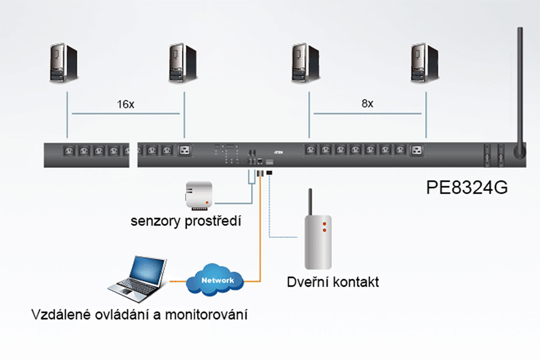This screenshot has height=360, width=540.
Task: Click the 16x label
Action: tap(125, 104)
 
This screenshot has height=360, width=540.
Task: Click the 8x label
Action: tap(367, 103)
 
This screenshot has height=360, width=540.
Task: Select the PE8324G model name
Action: tap(467, 188)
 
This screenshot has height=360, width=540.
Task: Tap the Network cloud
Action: tap(217, 280)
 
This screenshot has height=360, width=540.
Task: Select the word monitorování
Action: tap(206, 315)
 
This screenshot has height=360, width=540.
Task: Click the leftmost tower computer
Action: tap(63, 63)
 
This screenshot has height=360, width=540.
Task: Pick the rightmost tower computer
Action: tap(424, 63)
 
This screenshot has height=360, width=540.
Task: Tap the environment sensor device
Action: tap(199, 195)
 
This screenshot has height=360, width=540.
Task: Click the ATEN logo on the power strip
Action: tap(278, 152)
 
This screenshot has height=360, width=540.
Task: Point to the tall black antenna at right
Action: tap(520, 89)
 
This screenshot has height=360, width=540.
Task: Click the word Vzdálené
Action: tap(61, 315)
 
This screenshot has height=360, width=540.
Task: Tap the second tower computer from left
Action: tap(183, 63)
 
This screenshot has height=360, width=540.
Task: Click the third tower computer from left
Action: tap(305, 63)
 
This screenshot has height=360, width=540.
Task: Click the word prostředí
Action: tap(213, 221)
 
